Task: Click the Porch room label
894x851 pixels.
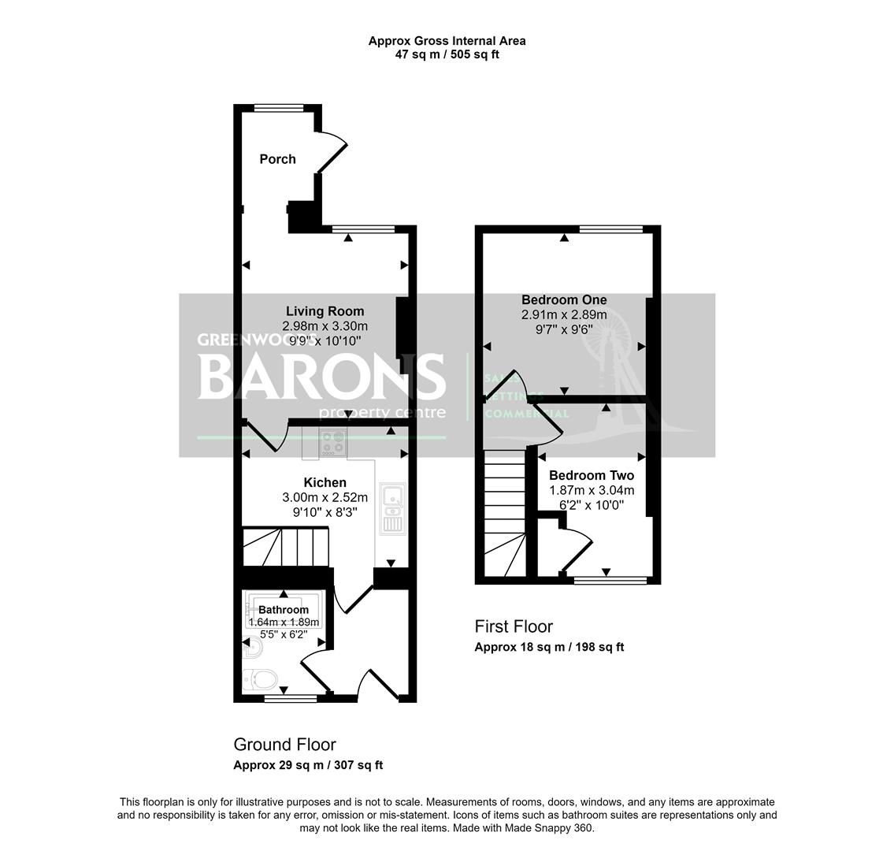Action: [278, 159]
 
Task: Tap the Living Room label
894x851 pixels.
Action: [325, 311]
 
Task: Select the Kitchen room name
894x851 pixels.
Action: [325, 482]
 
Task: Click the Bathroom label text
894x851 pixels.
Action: [284, 610]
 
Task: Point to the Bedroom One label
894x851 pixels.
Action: [564, 300]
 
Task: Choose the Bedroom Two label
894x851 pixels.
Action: [591, 476]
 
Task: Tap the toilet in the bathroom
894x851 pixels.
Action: [260, 678]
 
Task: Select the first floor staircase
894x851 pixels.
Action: [504, 512]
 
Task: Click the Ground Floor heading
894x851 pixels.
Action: [284, 745]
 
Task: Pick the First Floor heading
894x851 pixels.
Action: [514, 626]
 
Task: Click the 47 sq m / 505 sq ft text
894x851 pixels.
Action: [447, 55]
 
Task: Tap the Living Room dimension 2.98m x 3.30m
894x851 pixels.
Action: [325, 326]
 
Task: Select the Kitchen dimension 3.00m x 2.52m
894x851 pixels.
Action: [325, 497]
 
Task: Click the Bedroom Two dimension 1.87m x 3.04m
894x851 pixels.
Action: [591, 490]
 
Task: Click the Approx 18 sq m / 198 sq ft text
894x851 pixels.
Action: [549, 648]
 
